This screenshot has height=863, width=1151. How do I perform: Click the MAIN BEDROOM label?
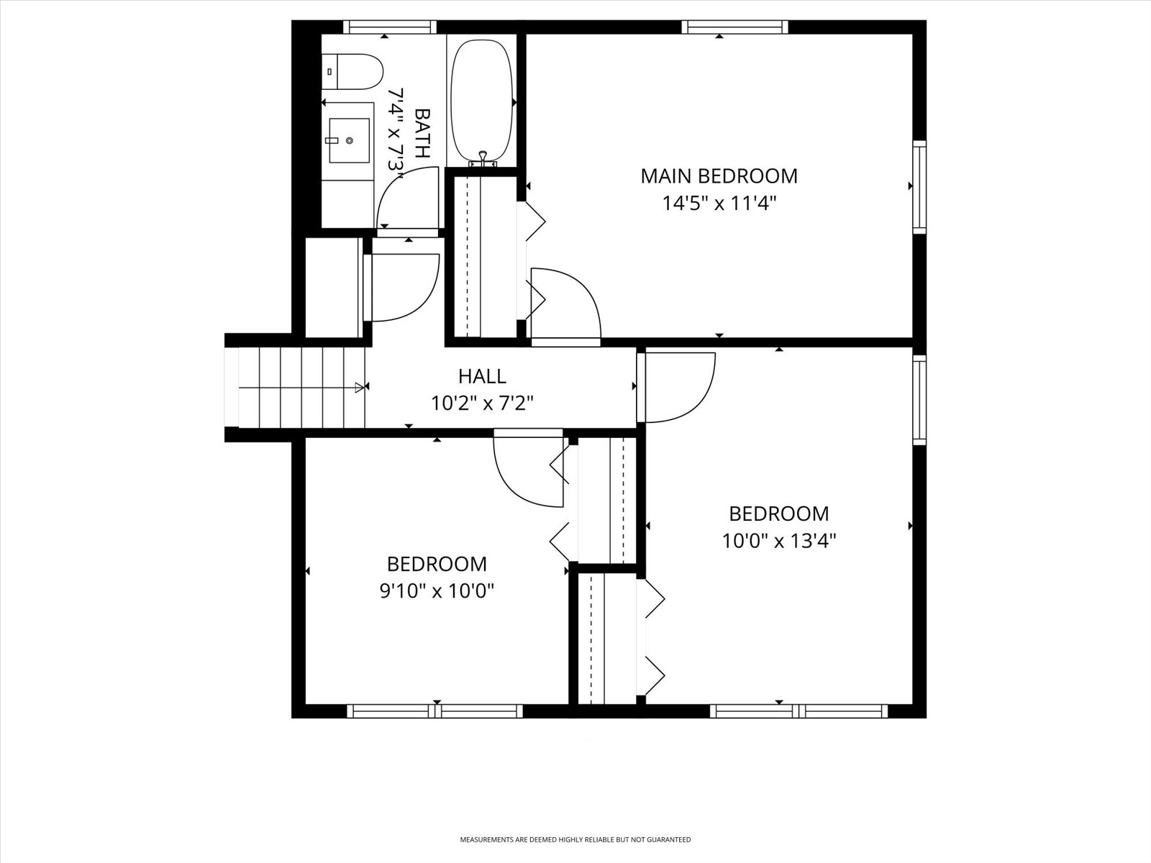(719, 176)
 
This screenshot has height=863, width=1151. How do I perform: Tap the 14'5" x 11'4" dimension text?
(719, 204)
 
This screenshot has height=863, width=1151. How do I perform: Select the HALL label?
(483, 376)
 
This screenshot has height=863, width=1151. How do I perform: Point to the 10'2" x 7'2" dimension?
(483, 403)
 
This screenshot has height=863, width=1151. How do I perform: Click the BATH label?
(422, 133)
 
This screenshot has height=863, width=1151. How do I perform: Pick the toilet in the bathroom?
(352, 72)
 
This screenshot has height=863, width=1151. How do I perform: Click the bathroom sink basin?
(349, 140)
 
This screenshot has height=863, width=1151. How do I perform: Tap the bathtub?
(482, 101)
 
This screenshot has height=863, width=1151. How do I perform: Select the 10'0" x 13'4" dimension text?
(778, 541)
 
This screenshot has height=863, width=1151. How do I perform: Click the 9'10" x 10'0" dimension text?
(437, 592)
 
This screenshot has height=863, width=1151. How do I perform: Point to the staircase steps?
(301, 387)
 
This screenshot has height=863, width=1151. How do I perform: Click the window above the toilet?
(390, 27)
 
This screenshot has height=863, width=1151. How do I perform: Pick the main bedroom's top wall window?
(734, 27)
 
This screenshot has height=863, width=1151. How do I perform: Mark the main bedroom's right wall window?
(919, 187)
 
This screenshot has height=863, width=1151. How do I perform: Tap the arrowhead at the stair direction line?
(359, 387)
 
